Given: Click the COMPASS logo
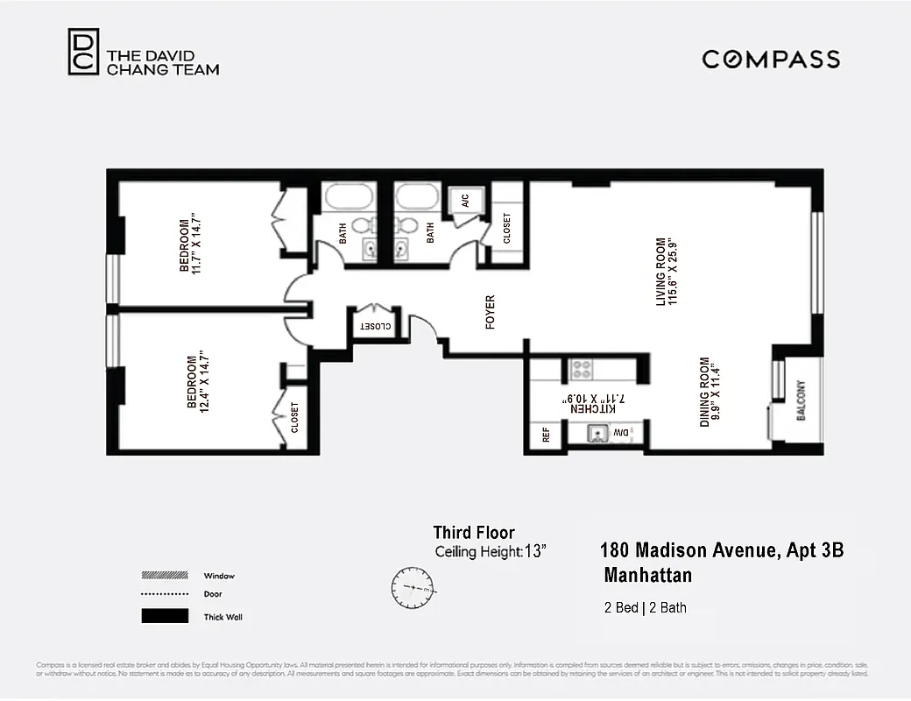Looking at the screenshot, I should [x=771, y=60].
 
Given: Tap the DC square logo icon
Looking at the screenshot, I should [x=84, y=52].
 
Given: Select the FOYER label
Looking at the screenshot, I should [x=491, y=312].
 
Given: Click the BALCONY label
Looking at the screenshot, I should [x=801, y=400].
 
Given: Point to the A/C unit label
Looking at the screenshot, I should [x=464, y=200].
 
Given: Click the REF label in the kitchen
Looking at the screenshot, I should [x=546, y=434].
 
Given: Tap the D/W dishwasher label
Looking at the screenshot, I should [x=620, y=433].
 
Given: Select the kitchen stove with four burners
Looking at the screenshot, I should [x=582, y=370].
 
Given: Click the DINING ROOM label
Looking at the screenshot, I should [x=704, y=392].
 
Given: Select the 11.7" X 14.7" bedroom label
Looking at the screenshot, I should [x=190, y=244].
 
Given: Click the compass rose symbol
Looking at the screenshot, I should [x=413, y=588].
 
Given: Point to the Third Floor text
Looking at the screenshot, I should [x=474, y=533].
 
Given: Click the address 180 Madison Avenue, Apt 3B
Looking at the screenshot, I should [x=722, y=551].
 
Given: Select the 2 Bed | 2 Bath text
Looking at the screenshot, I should [x=645, y=607].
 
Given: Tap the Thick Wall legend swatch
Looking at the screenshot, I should [x=165, y=616].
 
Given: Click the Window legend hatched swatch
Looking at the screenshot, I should [x=165, y=576].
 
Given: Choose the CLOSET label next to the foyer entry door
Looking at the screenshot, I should [x=374, y=326].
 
